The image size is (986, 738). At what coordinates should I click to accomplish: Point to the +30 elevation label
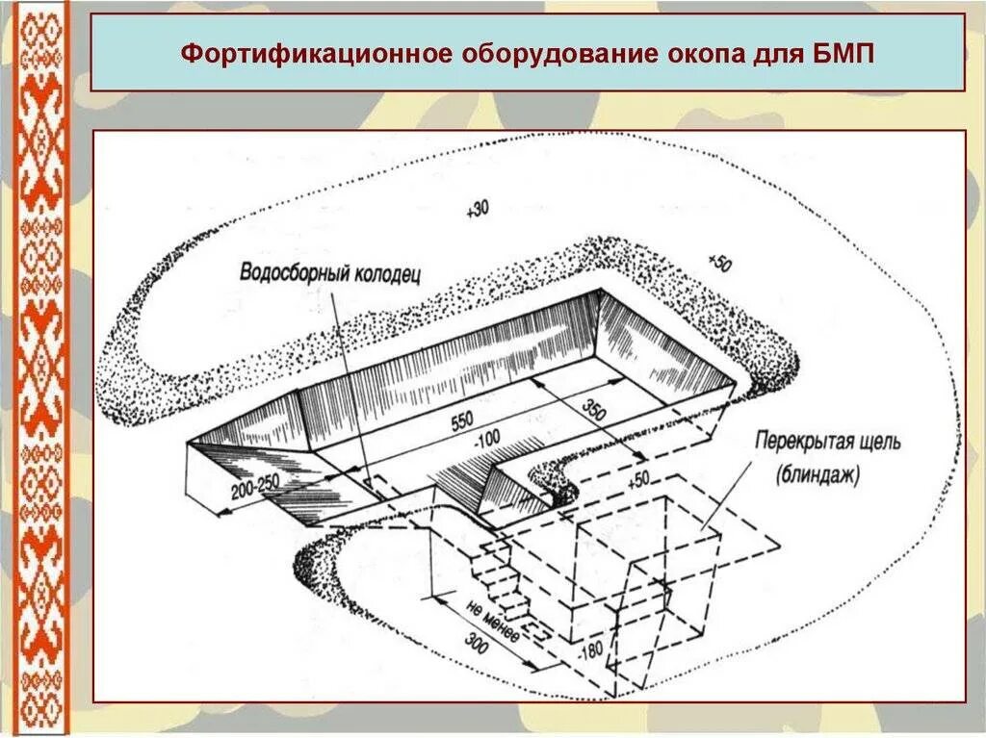coord(476,211)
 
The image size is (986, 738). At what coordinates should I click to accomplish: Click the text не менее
coord(492,623)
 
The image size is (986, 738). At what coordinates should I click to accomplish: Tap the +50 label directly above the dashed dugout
coord(638,478)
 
